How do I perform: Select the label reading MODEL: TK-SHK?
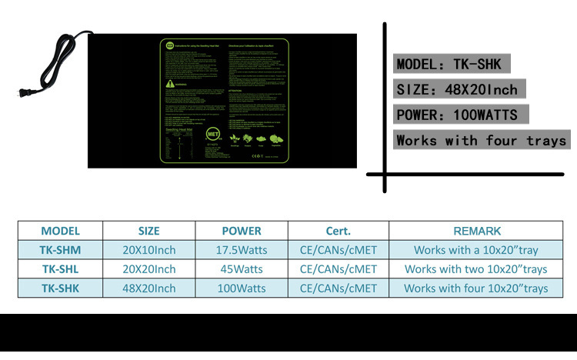tap(452, 64)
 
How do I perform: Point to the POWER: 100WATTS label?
tap(460, 115)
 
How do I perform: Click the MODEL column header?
tap(61, 231)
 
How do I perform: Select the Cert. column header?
tap(339, 231)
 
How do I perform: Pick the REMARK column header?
tap(477, 231)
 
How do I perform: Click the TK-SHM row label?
tap(61, 250)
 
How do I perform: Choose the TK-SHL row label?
tap(61, 269)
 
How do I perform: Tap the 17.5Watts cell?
tap(242, 250)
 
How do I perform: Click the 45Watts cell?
tap(242, 269)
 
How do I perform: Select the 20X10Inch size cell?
tap(149, 250)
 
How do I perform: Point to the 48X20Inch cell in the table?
tap(149, 288)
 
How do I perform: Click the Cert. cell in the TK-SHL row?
tap(339, 269)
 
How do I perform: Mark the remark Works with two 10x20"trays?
tap(476, 269)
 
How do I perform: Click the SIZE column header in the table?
tap(149, 231)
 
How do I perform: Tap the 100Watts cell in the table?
tap(242, 288)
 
